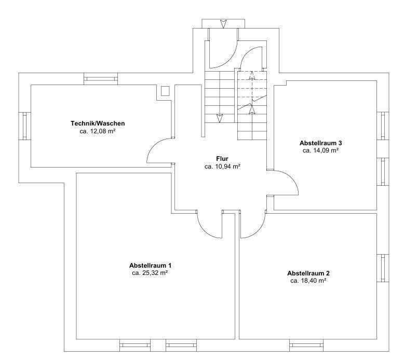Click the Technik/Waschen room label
coord(98,123)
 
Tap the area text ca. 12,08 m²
coord(98,131)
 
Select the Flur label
coord(222,159)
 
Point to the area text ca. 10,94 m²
coord(222,167)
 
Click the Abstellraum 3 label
coord(320,143)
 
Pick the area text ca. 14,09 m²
coord(320,150)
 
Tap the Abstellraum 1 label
coord(150,265)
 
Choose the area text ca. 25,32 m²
coord(150,273)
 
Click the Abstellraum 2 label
coord(308,273)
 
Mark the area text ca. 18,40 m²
coord(308,281)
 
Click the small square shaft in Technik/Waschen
coord(165,91)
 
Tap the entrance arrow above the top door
coord(223,24)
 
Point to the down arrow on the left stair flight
coord(220,118)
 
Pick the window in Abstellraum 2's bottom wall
coord(306,345)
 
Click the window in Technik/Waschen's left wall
coord(25,126)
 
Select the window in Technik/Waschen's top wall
coord(101,79)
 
